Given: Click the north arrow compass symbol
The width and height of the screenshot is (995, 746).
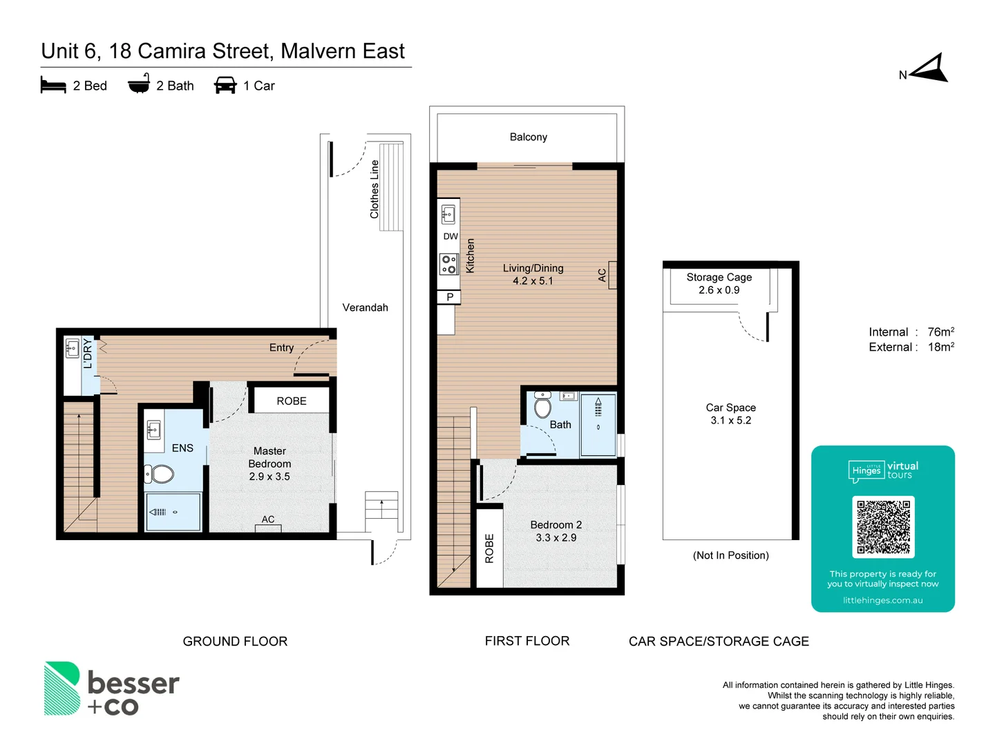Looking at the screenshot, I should tap(930, 69).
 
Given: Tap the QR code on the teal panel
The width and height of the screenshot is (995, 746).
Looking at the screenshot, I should tap(883, 527).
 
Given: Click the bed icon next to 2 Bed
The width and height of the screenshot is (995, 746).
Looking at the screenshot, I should tap(53, 86).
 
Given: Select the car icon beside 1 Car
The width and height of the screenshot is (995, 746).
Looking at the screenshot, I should tap(225, 86).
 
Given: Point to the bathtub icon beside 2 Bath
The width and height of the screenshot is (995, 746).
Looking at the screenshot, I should tap(139, 84).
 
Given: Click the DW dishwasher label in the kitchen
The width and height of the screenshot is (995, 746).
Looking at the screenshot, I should tap(451, 236).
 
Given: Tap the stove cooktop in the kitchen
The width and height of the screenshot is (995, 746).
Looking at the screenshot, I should tap(449, 264).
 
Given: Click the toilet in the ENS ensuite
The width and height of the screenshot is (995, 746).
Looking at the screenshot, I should tap(160, 474).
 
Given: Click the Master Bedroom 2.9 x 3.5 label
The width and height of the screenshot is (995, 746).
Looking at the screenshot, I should tap(269, 463).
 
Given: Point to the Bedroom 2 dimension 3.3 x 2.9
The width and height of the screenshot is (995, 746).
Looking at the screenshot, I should tap(556, 537).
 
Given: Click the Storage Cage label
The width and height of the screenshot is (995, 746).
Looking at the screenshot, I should tap(719, 277).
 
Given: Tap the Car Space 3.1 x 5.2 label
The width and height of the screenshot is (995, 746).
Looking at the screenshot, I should tap(730, 414).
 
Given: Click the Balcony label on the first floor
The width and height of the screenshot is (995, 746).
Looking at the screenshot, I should tap(528, 137).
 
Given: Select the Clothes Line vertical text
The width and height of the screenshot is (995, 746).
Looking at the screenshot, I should tap(375, 189).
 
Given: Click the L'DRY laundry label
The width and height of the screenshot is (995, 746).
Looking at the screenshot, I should tap(88, 354).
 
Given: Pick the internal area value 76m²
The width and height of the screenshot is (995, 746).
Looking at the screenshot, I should tap(940, 332).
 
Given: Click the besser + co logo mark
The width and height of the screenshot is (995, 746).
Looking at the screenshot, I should tap(62, 689).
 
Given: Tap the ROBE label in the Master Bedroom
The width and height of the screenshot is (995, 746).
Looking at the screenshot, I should tap(291, 401).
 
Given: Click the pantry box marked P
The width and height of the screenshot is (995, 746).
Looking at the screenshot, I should tap(449, 297).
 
